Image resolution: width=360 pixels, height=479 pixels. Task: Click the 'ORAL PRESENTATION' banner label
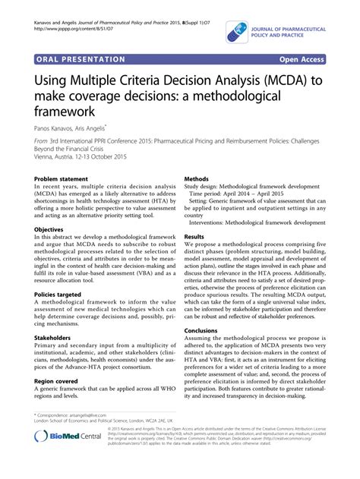pos(80,58)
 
